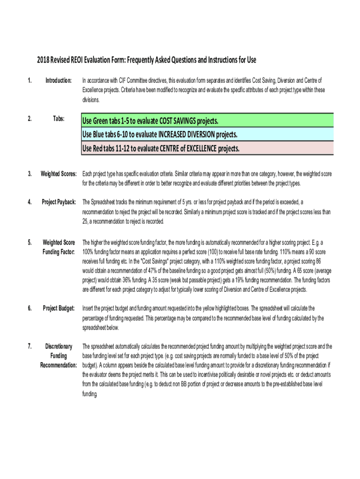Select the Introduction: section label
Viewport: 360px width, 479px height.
(x=58, y=80)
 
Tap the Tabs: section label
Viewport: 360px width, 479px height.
(x=58, y=119)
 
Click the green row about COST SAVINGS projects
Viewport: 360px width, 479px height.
(x=208, y=121)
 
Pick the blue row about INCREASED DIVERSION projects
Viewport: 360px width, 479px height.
(x=208, y=135)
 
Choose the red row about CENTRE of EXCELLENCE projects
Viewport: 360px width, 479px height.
(x=208, y=149)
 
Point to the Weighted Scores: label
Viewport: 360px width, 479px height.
(x=59, y=174)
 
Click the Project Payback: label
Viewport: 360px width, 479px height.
(x=59, y=202)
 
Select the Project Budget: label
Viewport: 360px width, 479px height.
(x=59, y=308)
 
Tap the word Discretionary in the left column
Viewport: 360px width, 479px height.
(x=59, y=347)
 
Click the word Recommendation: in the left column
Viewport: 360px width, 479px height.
(x=58, y=365)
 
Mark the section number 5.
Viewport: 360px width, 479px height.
(x=29, y=242)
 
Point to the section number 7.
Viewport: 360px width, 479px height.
(x=29, y=347)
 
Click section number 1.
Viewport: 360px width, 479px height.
(x=29, y=80)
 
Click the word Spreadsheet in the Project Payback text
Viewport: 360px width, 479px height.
(x=105, y=202)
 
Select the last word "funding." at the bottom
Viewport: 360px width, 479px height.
(x=90, y=394)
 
